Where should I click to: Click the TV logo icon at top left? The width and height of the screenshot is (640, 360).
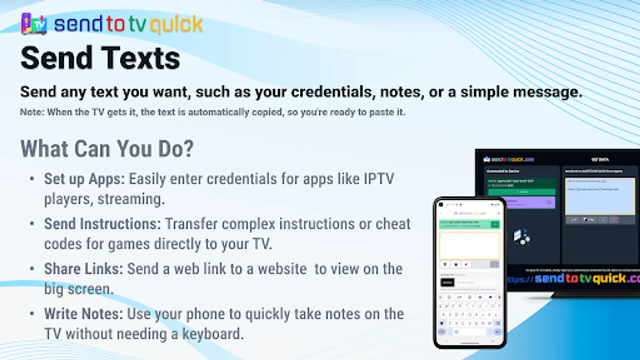34,24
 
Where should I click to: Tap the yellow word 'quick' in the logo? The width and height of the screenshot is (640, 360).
176,25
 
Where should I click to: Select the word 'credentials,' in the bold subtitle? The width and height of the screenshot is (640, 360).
333,92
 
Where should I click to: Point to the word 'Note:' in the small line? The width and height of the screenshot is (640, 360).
32,112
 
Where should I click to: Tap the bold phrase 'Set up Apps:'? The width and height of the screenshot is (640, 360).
84,179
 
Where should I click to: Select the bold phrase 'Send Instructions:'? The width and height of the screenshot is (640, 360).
102,224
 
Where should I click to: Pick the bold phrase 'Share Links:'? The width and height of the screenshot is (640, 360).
83,269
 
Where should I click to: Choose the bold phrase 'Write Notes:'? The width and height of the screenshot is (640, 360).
84,314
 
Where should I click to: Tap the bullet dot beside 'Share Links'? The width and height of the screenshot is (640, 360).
32,269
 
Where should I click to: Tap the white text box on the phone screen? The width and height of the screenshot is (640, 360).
470,246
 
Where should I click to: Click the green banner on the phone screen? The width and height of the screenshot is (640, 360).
469,224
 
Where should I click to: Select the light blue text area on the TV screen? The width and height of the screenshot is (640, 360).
600,196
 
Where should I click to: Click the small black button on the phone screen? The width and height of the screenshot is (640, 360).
447,282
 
